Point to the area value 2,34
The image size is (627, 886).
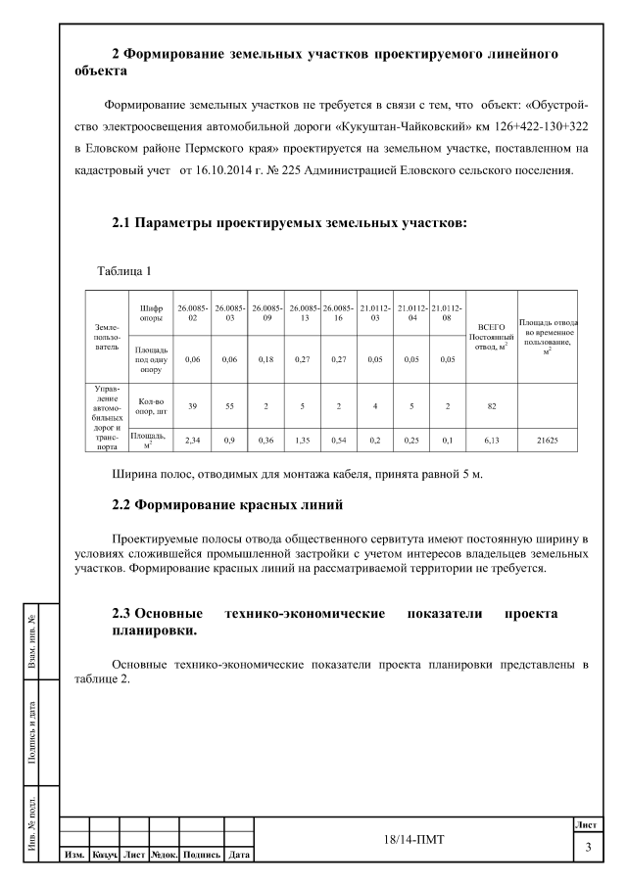(x=193, y=441)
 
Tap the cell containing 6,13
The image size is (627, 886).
(x=490, y=441)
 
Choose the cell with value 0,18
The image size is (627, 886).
(x=266, y=359)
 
